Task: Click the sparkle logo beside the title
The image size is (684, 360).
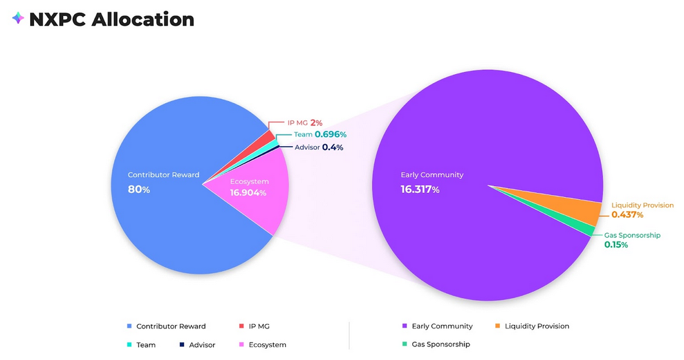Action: pyautogui.click(x=18, y=19)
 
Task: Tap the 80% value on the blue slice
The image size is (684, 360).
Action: pyautogui.click(x=139, y=189)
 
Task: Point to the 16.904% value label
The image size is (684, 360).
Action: pyautogui.click(x=248, y=193)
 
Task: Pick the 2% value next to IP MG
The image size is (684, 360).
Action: pyautogui.click(x=316, y=122)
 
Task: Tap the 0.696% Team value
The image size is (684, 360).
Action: pyautogui.click(x=330, y=135)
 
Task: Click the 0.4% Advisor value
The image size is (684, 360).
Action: pyautogui.click(x=332, y=147)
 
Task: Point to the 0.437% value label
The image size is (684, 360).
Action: pyautogui.click(x=627, y=214)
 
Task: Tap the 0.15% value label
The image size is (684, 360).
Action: pyautogui.click(x=616, y=245)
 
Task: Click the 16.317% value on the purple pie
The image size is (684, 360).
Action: pyautogui.click(x=420, y=189)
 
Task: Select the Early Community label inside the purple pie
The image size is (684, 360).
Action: pyautogui.click(x=432, y=175)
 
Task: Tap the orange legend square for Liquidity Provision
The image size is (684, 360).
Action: pyautogui.click(x=497, y=326)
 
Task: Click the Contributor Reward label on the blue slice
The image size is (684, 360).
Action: pyautogui.click(x=164, y=175)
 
